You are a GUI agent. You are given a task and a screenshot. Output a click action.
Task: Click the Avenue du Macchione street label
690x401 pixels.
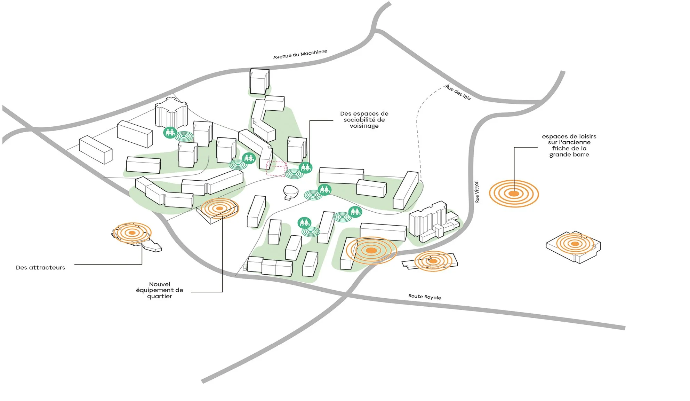pos(300,54)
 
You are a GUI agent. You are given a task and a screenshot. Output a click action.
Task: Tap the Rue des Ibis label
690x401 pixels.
pos(458,92)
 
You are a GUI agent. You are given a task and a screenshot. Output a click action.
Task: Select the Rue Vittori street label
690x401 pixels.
pos(477,191)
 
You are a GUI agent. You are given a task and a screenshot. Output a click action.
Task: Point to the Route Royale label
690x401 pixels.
pos(425,297)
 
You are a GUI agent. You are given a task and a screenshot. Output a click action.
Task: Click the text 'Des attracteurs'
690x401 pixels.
pos(40,268)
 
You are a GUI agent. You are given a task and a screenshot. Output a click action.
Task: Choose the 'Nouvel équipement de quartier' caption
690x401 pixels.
pos(160,290)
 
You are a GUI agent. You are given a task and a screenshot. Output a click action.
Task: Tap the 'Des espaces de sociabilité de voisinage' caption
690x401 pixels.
pos(364,120)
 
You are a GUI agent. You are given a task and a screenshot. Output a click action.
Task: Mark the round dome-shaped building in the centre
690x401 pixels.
pos(291,191)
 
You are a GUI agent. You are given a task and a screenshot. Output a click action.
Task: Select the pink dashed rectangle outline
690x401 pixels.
pos(276,168)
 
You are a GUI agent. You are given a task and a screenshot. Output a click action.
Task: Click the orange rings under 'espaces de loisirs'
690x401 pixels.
pos(514,194)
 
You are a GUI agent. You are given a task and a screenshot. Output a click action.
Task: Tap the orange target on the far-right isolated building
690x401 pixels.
pos(575,244)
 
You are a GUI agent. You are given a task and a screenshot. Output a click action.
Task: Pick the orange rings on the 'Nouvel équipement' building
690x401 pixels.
pos(219,208)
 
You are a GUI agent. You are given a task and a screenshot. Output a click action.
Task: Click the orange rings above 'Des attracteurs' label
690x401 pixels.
pos(132,233)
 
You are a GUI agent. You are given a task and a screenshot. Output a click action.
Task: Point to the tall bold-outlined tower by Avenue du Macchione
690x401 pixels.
pos(259,81)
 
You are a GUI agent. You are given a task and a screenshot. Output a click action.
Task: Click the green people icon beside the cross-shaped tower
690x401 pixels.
pos(170,132)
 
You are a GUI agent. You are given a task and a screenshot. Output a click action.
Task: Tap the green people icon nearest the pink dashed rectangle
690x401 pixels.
pos(305,168)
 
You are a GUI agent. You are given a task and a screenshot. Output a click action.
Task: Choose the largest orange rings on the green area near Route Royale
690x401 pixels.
pos(371,250)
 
